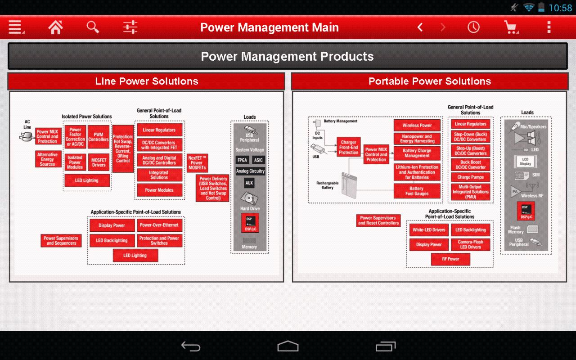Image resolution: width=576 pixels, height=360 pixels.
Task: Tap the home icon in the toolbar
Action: coord(55,27)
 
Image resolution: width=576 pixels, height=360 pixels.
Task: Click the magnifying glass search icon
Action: coord(93,27)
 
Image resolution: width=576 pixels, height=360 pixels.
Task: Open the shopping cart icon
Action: coord(512,27)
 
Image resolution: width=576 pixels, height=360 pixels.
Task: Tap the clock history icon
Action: coord(473,27)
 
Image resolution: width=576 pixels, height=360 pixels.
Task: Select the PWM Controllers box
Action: coord(99,137)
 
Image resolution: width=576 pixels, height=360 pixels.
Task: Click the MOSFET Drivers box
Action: coord(99,162)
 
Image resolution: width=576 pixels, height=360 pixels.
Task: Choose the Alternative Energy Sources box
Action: coord(48,159)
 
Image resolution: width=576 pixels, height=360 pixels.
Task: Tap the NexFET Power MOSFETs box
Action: coord(197,163)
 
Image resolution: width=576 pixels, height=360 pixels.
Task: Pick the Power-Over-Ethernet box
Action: coord(159,225)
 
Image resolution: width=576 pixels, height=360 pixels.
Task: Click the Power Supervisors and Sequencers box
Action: coord(61,240)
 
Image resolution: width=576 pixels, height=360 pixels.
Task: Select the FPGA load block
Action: coord(242,160)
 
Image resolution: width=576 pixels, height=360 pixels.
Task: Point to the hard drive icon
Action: coord(249,198)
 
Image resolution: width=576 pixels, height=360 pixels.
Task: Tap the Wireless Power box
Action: coord(417,125)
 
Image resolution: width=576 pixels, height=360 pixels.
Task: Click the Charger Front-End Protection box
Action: coord(349,147)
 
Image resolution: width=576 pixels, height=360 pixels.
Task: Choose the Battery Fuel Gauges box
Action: coord(417,191)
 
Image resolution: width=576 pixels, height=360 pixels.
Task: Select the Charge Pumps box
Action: coord(470,177)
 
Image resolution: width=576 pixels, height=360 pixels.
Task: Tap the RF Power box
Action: coord(450,259)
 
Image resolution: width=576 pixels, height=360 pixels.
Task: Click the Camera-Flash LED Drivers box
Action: coord(470,244)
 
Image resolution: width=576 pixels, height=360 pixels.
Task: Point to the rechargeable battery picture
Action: coord(349,185)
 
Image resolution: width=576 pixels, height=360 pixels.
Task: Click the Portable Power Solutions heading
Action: coord(430,81)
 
